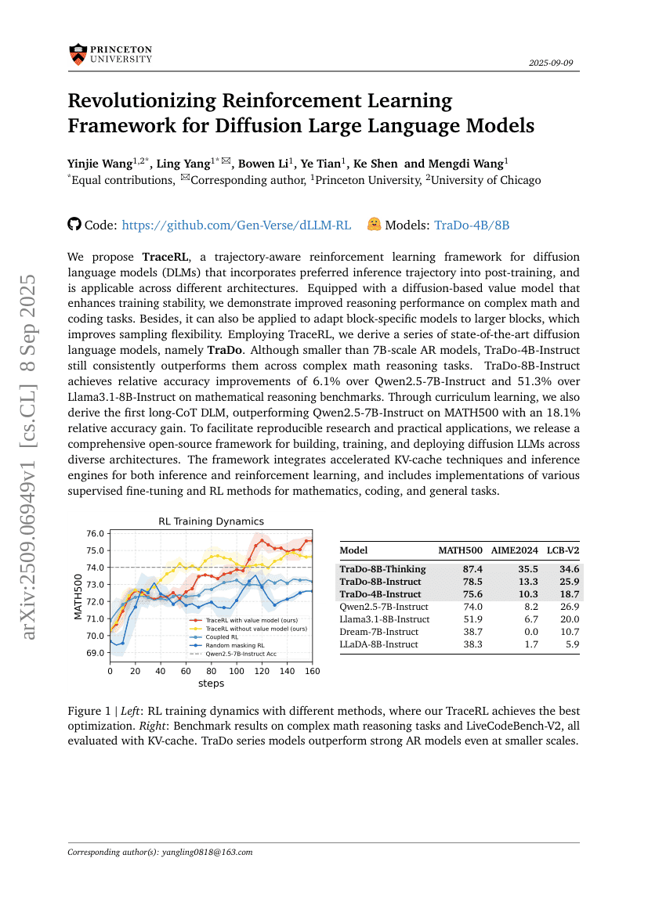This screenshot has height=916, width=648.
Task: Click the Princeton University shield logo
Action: (77, 54)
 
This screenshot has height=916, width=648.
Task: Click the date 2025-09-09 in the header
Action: (554, 63)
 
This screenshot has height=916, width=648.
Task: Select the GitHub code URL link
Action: (237, 225)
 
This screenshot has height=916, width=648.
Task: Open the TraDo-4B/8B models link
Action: (472, 225)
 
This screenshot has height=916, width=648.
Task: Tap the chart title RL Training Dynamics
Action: (211, 521)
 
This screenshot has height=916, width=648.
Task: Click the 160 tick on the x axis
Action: (312, 671)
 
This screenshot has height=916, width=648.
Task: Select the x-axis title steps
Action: (211, 683)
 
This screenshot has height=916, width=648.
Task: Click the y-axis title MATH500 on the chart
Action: (78, 597)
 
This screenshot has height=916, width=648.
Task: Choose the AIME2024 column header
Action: (516, 550)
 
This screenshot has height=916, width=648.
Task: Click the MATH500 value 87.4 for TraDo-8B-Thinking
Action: (473, 569)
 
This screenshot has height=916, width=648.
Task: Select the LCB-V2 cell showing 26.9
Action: (570, 607)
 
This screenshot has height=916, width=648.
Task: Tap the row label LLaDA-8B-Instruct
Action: (379, 644)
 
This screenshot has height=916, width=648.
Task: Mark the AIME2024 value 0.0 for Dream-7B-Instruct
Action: (531, 632)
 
